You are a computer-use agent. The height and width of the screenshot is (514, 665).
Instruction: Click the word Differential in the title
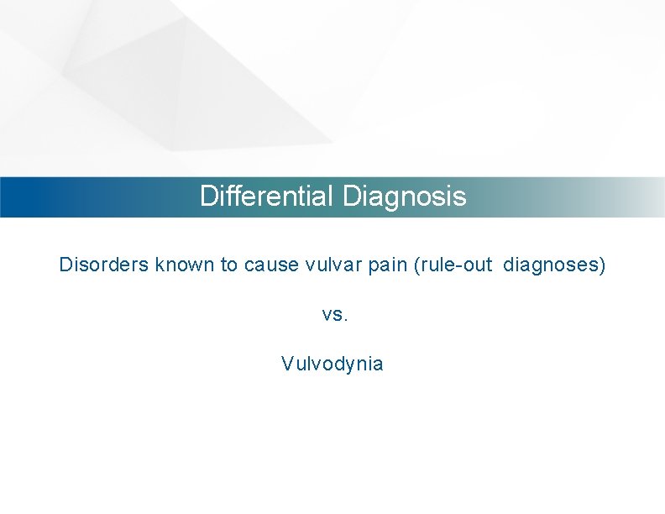click(268, 197)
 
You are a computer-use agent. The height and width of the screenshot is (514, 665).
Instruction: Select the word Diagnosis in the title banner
click(404, 197)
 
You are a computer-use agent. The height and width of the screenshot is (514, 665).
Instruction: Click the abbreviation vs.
click(333, 315)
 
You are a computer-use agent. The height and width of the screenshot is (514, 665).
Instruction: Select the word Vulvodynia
click(332, 365)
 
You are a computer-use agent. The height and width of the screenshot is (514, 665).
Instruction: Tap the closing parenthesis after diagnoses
click(601, 265)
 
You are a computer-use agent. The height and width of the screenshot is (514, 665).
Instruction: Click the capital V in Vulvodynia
click(287, 364)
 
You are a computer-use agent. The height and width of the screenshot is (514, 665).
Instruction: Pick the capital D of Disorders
click(65, 265)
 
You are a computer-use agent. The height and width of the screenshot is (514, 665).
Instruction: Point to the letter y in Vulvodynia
click(353, 366)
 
